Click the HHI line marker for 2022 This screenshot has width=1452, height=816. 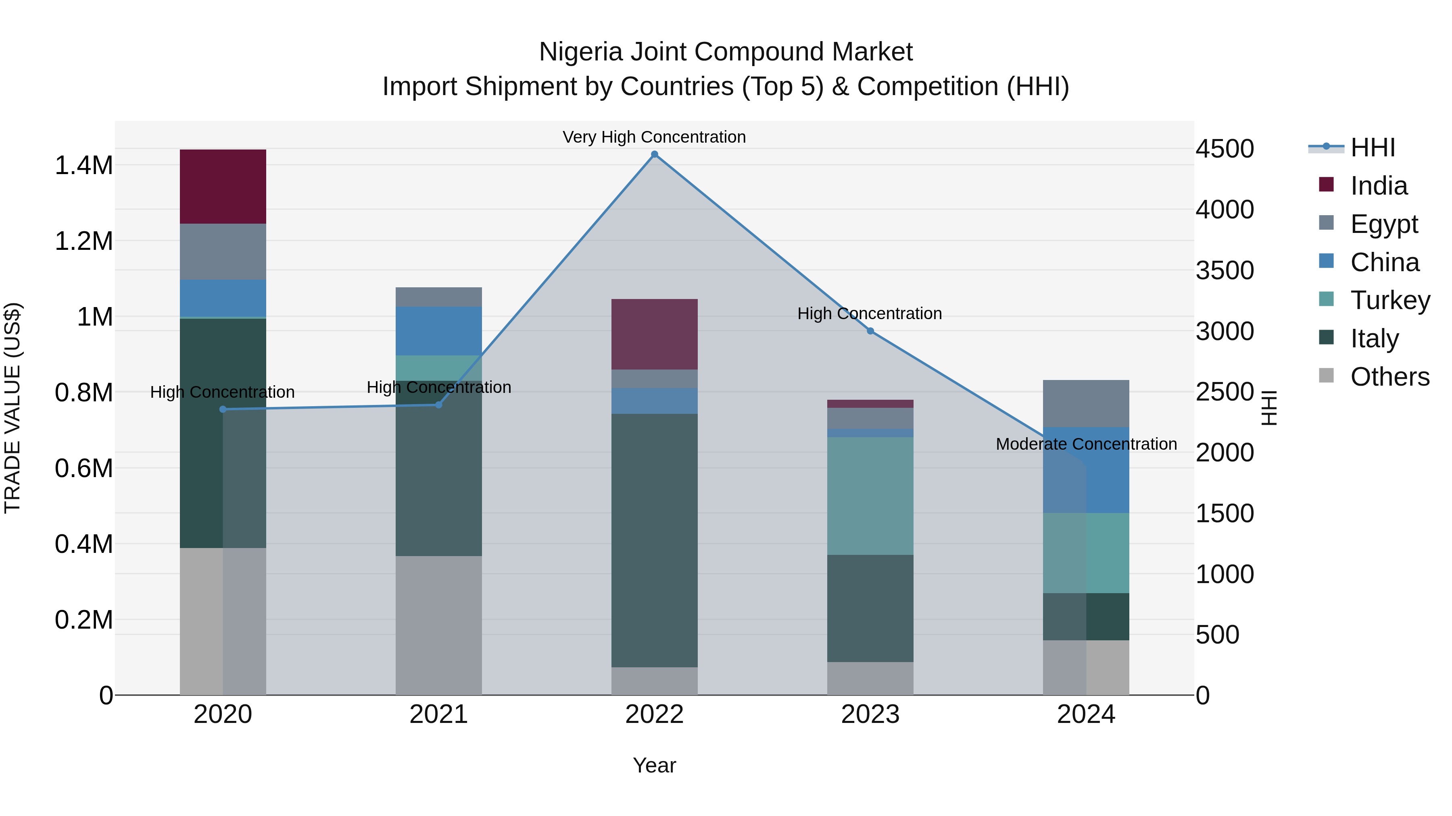pyautogui.click(x=655, y=154)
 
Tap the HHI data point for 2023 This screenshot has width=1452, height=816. pyautogui.click(x=870, y=331)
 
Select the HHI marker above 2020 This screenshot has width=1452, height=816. pyautogui.click(x=223, y=409)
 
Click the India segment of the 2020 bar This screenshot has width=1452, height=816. pyautogui.click(x=223, y=187)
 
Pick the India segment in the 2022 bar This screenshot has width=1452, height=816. pyautogui.click(x=655, y=334)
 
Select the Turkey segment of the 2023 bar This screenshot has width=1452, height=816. pyautogui.click(x=870, y=496)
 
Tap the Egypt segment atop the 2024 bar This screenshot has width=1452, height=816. pyautogui.click(x=1086, y=403)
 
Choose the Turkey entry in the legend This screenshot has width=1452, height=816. pyautogui.click(x=1390, y=300)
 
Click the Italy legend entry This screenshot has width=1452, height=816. pyautogui.click(x=1374, y=338)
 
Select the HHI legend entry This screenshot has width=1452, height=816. pyautogui.click(x=1373, y=147)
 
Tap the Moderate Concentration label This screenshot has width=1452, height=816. pyautogui.click(x=1086, y=444)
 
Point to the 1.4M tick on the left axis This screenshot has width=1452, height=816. pyautogui.click(x=83, y=166)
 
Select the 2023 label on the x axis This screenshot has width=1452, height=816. pyautogui.click(x=870, y=714)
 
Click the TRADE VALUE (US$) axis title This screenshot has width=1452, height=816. pyautogui.click(x=13, y=408)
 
